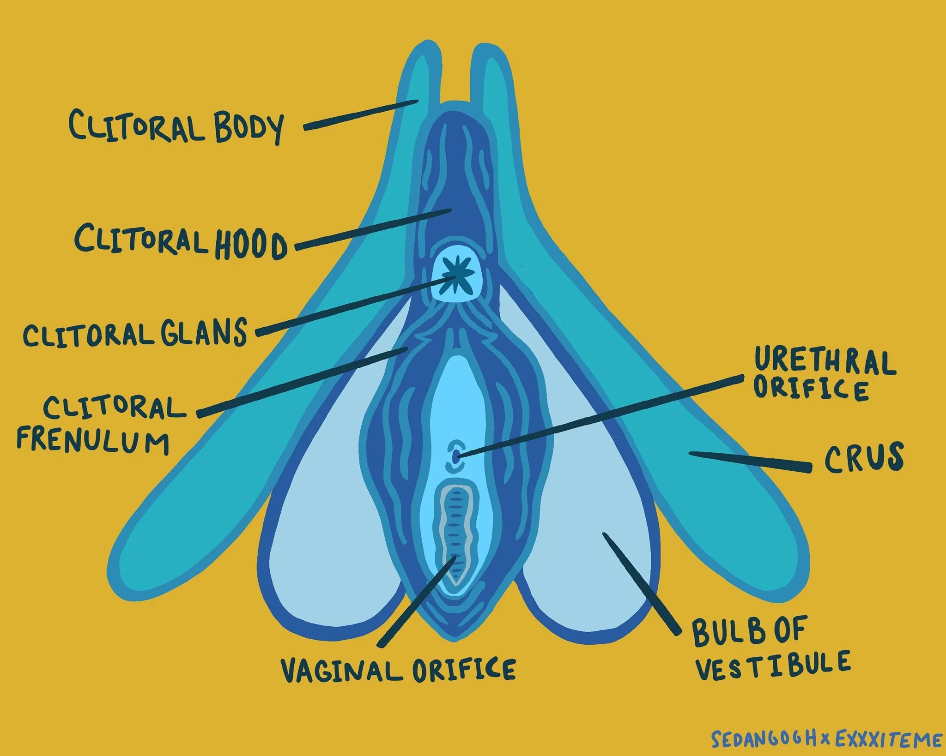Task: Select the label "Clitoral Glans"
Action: tap(135, 333)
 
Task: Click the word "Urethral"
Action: tap(825, 361)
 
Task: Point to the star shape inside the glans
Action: tap(456, 276)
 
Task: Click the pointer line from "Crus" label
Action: tap(750, 462)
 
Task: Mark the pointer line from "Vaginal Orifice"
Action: tap(417, 600)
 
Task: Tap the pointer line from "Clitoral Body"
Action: tap(361, 115)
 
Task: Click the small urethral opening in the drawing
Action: tap(455, 457)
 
